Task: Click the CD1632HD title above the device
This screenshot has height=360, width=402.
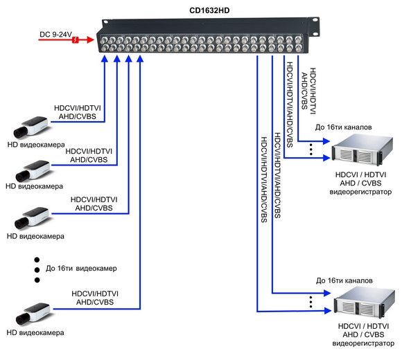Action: coord(209,10)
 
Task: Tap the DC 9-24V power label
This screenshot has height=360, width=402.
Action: coord(55,35)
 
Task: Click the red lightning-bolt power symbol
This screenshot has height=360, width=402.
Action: coord(75,39)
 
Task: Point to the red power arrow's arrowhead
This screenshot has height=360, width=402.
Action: coord(90,39)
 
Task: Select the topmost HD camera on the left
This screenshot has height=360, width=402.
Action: coord(31,127)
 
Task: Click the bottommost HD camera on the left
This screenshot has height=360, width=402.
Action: coord(33,314)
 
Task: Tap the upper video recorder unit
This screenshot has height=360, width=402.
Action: coord(362,148)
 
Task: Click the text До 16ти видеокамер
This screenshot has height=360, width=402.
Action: coord(81,269)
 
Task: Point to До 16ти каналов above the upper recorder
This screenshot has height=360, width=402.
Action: coord(343,127)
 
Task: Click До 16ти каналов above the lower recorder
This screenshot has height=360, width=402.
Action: coord(344,280)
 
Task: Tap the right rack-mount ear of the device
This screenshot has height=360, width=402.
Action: coord(313,26)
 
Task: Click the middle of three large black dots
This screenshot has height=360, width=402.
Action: coord(37,270)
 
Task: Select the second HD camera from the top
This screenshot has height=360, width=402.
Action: coord(33,170)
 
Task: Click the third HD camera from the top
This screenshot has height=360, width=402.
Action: coord(33,218)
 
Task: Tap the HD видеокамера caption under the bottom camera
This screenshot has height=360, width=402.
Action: coord(35,333)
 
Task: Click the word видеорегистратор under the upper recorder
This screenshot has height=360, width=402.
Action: coord(360,192)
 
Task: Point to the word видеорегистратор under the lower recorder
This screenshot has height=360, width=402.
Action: coord(363,343)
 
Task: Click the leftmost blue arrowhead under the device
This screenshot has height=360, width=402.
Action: coord(105,59)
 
